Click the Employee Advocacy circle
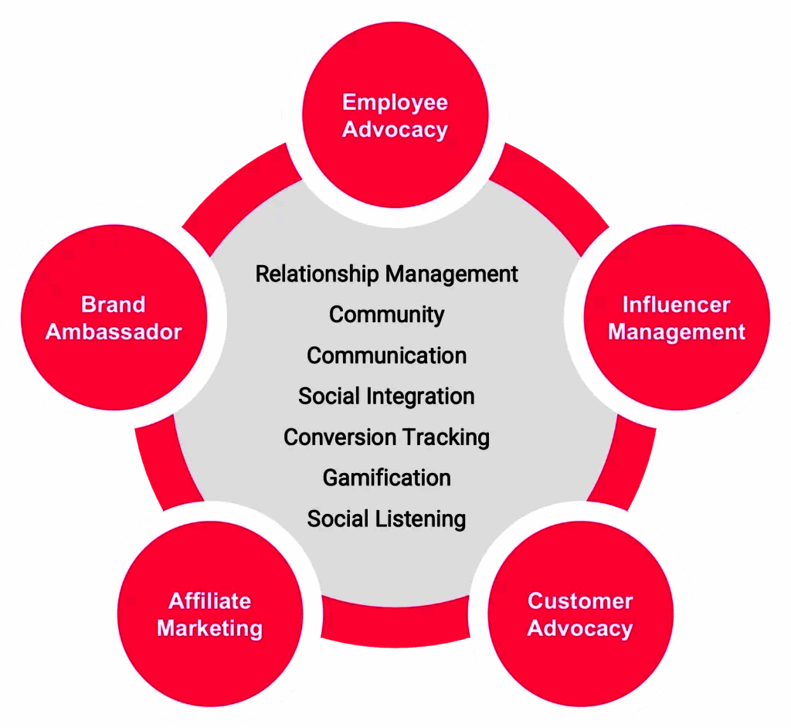tap(395, 116)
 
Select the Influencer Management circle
tap(677, 318)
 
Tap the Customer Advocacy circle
tap(580, 614)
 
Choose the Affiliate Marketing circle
tap(209, 614)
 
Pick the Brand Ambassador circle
tap(114, 318)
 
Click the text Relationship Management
tap(386, 274)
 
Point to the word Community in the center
tap(386, 315)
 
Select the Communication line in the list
tap(386, 355)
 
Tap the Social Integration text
tap(386, 396)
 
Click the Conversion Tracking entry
tap(386, 437)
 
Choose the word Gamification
tap(386, 478)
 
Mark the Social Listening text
tap(386, 519)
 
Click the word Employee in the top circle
tap(395, 103)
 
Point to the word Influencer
tap(677, 304)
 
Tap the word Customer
tap(580, 600)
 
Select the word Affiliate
tap(209, 600)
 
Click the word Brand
tap(114, 304)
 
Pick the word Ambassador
tap(114, 332)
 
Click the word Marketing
tap(209, 628)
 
